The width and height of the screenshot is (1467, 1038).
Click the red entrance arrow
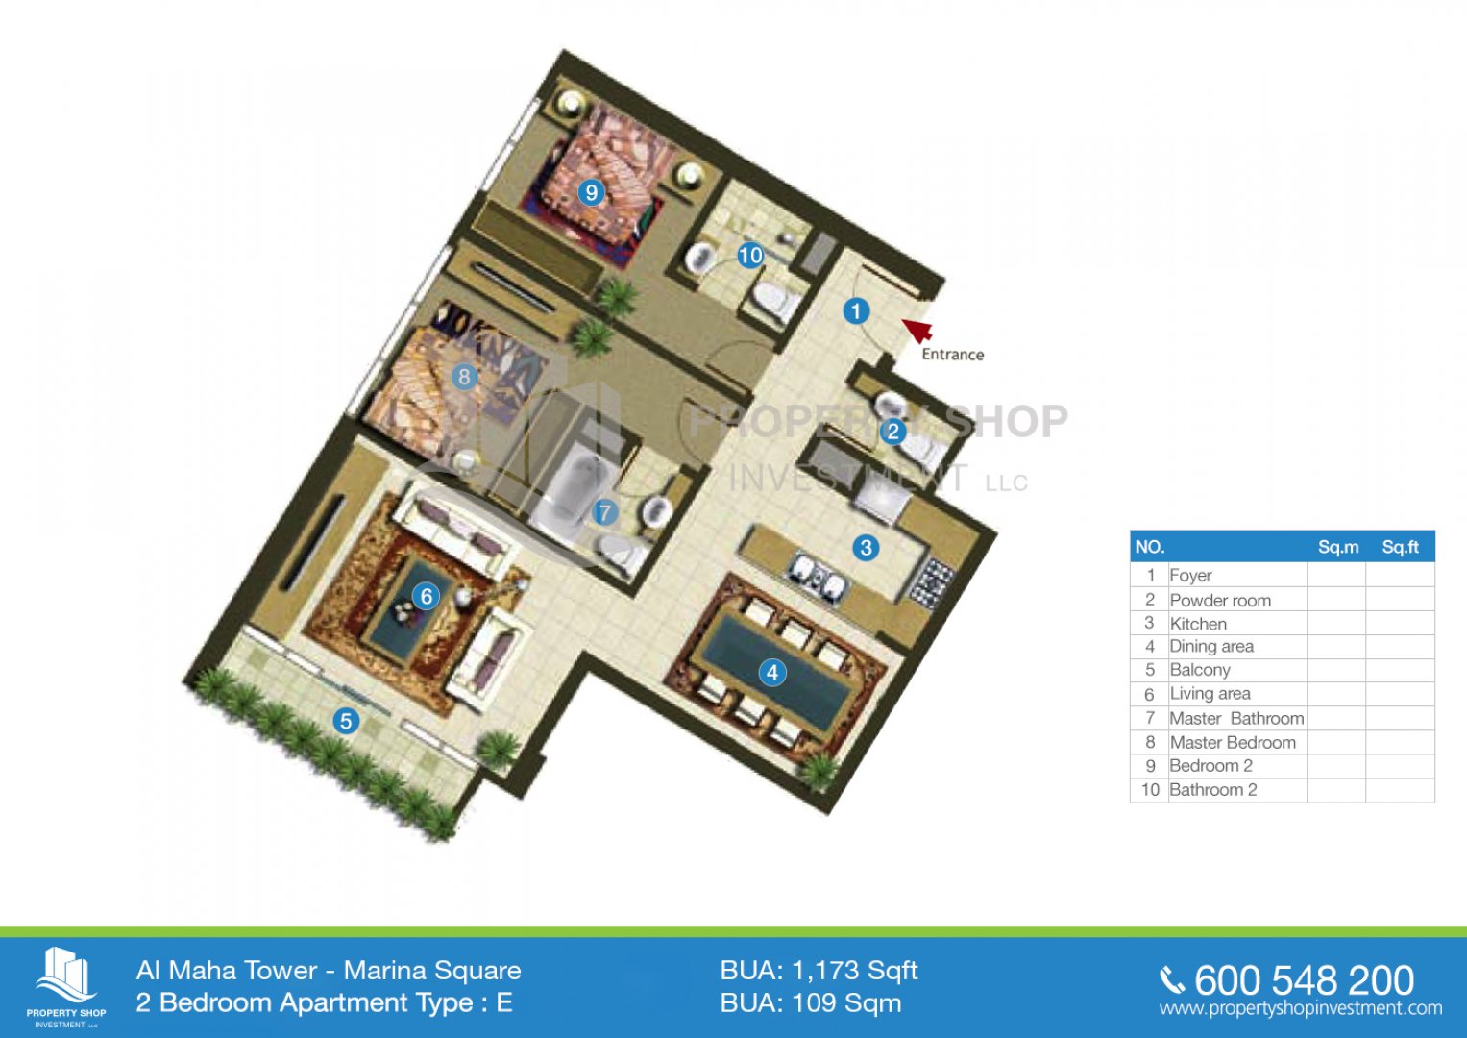917,330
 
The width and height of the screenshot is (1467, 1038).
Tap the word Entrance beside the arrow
953,355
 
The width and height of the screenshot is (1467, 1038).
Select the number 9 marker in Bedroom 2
591,192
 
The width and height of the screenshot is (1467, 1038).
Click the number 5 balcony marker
346,721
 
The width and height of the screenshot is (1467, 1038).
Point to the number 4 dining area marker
772,673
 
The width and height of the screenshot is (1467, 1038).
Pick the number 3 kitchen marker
866,547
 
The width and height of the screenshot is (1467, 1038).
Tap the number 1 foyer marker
855,310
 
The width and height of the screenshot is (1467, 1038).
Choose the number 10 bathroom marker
750,255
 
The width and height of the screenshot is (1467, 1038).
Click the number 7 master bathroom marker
604,512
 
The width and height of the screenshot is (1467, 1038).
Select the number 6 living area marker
426,596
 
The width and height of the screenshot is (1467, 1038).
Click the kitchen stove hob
931,584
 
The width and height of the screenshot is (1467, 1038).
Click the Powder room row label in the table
1220,601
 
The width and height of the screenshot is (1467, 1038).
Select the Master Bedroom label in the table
1233,742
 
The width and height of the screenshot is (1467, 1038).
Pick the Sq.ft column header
1400,547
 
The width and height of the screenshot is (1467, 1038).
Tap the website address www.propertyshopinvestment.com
1301,1008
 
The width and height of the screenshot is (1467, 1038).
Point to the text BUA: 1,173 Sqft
819,971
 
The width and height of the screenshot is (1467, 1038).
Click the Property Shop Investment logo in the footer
66,987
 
